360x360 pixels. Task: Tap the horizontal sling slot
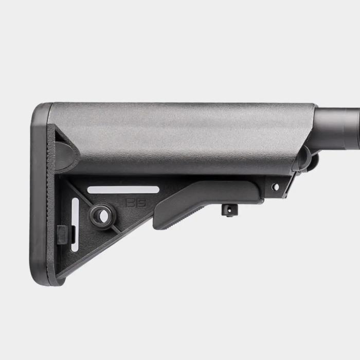pos(123,190)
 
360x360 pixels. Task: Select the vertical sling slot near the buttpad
pos(75,225)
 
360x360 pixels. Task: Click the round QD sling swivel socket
pos(102,215)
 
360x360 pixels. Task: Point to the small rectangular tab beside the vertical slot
pos(62,235)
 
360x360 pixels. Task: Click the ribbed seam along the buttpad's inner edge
pos(50,206)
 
